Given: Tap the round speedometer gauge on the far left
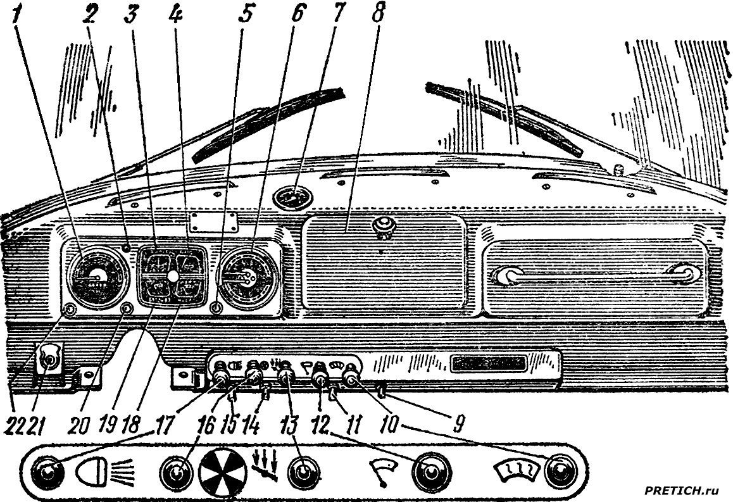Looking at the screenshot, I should point(95,278).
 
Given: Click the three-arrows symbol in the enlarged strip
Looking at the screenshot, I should point(265,462).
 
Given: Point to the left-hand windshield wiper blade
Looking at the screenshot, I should point(269,124).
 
